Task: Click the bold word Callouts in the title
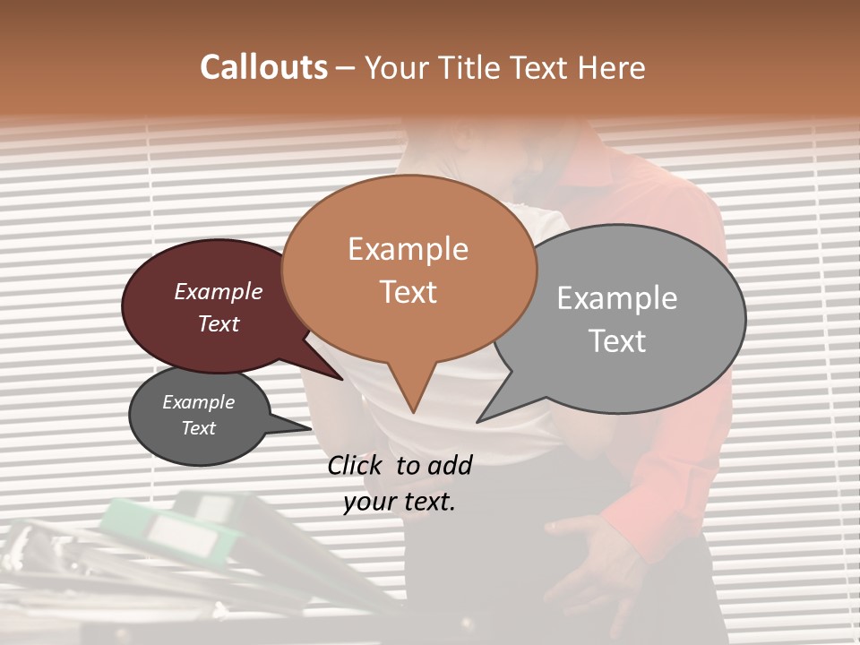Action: click(263, 67)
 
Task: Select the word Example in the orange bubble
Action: click(408, 249)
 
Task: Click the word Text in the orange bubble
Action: click(408, 292)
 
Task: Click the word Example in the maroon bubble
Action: click(218, 291)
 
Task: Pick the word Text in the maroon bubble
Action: click(218, 323)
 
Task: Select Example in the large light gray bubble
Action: click(617, 298)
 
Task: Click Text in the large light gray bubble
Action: click(617, 341)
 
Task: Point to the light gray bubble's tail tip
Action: click(479, 421)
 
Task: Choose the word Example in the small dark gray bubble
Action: click(198, 402)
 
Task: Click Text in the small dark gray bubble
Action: click(198, 428)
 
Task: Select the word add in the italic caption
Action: click(450, 465)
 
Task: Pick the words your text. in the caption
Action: click(399, 502)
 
